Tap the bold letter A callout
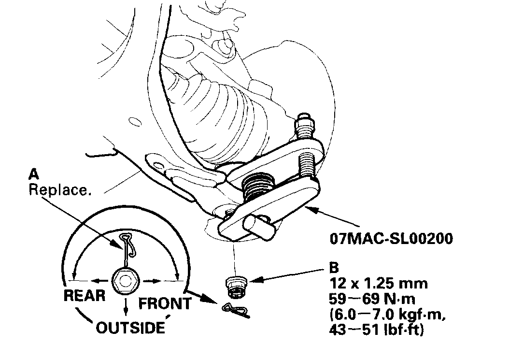(x=33, y=173)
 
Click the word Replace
(x=59, y=189)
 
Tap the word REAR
(x=84, y=295)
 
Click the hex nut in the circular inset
(x=126, y=280)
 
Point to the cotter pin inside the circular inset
(x=128, y=249)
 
